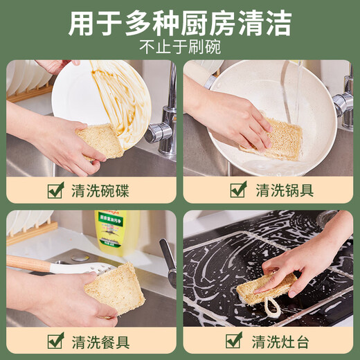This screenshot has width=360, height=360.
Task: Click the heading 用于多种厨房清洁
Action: (180, 24)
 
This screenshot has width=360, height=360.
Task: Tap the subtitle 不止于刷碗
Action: (179, 48)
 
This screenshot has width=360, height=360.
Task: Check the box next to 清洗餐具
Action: (56, 341)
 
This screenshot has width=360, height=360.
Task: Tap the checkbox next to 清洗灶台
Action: (235, 341)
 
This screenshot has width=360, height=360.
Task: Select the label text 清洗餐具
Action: (100, 341)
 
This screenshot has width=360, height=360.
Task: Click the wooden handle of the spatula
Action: (28, 263)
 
